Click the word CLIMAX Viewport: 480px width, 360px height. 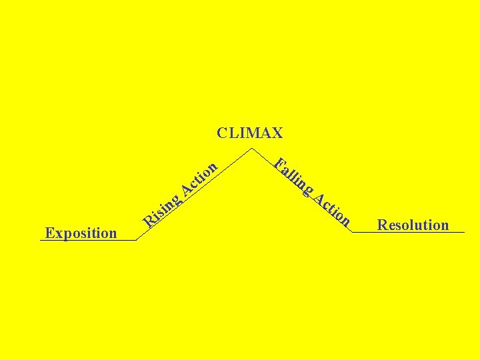click(249, 133)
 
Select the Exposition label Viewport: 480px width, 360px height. click(81, 233)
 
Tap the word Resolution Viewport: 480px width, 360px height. click(413, 225)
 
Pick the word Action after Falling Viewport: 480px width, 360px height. click(332, 208)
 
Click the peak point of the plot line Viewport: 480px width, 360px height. click(251, 148)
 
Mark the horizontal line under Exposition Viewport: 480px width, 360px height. click(87, 240)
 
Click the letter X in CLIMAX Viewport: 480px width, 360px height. click(277, 133)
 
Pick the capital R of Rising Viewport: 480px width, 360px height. click(151, 219)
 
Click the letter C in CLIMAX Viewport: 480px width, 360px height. click(222, 133)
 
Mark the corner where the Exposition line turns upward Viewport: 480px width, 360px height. click(136, 240)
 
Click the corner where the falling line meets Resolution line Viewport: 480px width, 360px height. click(351, 232)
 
